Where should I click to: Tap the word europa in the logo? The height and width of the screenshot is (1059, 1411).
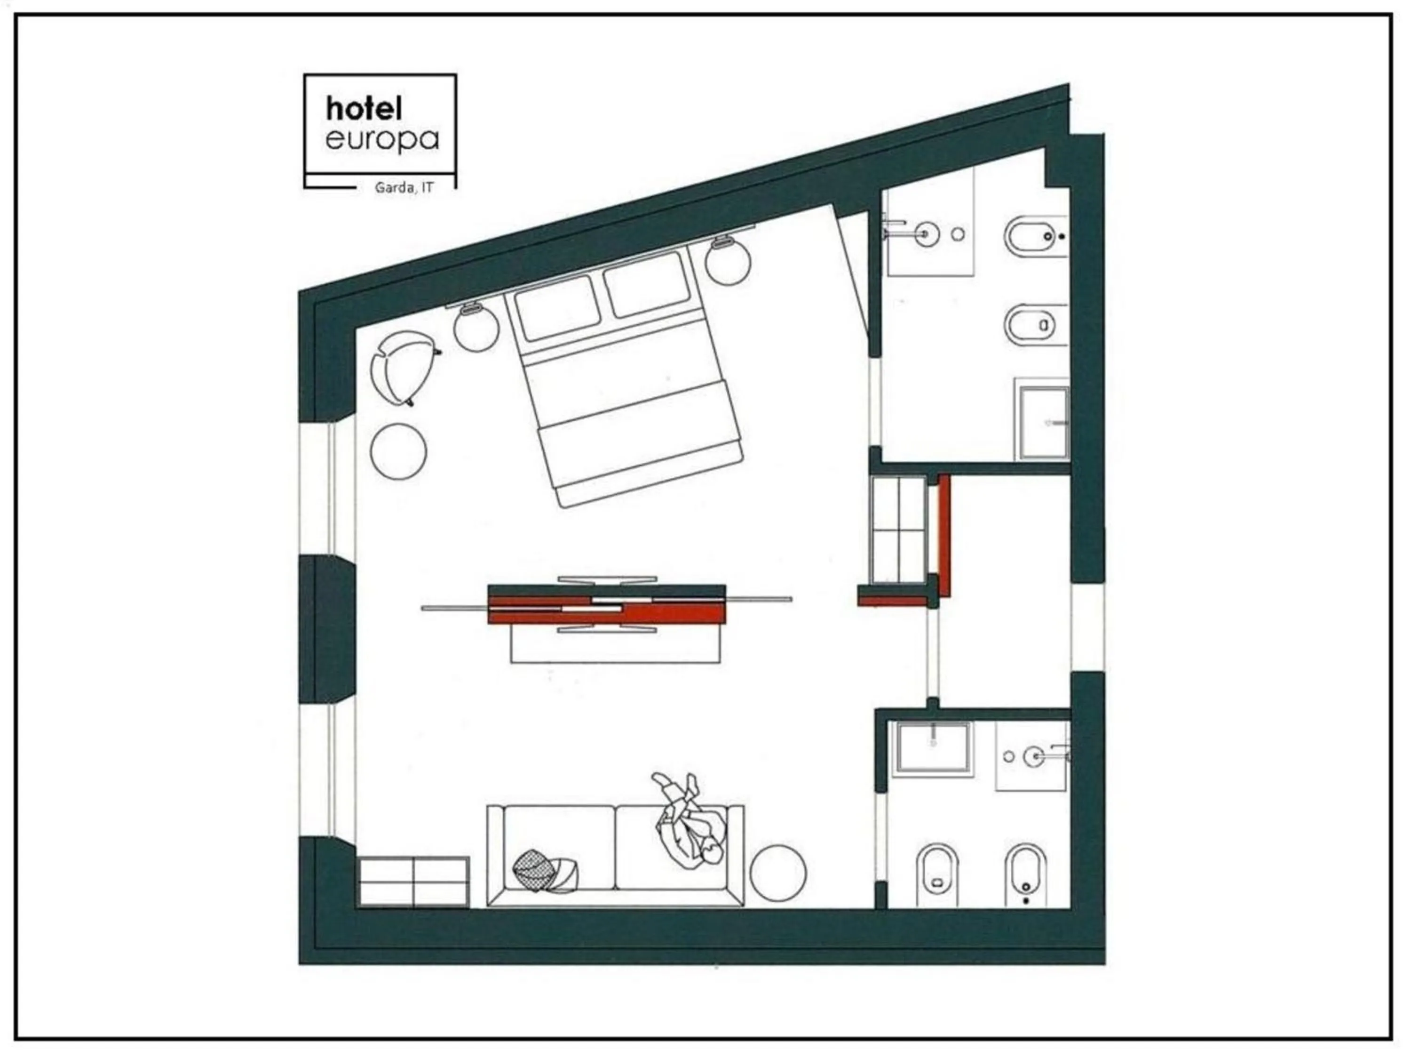pos(382,140)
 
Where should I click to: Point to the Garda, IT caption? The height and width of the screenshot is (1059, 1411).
pos(404,188)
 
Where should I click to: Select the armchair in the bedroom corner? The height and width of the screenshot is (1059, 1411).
pos(405,367)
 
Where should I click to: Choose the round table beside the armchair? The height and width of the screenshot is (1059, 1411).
pos(398,451)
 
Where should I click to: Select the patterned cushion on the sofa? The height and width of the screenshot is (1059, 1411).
pos(547,871)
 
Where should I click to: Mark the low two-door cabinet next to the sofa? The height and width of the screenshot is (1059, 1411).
pos(413,882)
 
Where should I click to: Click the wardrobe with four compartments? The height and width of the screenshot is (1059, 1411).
pos(899,529)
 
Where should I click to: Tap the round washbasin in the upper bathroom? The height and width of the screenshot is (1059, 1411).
pos(926,234)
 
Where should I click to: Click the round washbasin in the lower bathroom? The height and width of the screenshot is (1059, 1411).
pos(1033,757)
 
